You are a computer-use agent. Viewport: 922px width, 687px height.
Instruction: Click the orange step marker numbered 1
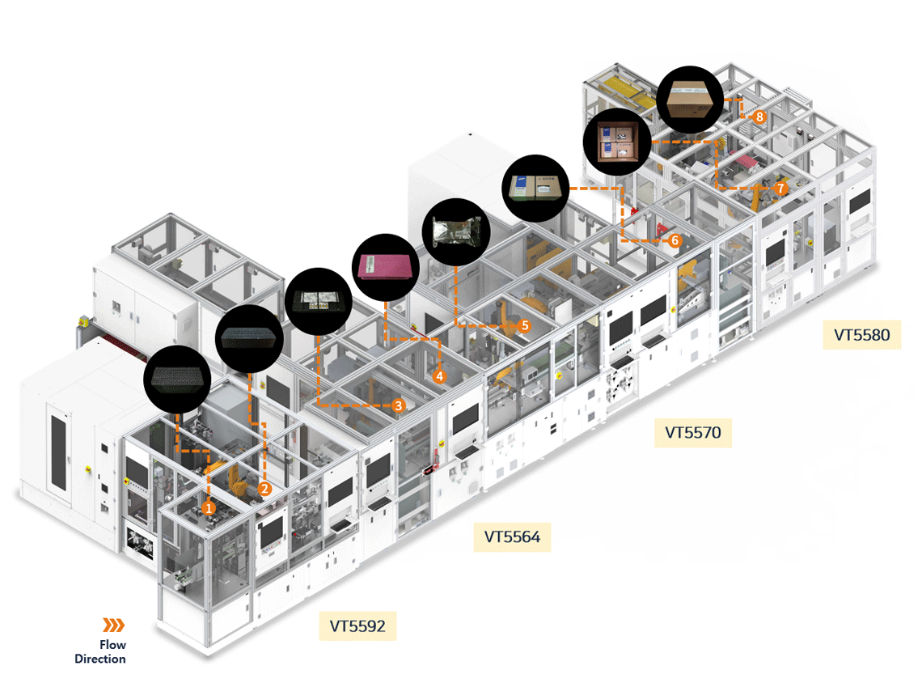[x=209, y=508]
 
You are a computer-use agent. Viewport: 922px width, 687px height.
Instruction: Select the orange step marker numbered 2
[x=264, y=488]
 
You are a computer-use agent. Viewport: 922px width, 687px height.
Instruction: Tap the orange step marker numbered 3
[x=398, y=405]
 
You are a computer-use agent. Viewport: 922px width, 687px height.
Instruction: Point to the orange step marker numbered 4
[x=439, y=376]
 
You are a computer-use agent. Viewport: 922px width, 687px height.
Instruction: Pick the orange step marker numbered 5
[x=524, y=325]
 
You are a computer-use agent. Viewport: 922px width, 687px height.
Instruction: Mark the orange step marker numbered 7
[x=780, y=188]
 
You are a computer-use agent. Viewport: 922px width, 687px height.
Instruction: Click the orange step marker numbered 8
[x=759, y=117]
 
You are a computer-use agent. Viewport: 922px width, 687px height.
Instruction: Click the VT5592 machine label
[x=357, y=626]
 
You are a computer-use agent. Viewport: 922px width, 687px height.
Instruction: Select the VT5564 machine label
[x=512, y=536]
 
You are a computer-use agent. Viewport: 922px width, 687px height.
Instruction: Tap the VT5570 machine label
[x=693, y=433]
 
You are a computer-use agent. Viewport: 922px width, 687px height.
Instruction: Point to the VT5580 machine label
[x=861, y=333]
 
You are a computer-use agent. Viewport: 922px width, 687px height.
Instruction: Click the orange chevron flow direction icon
[x=113, y=625]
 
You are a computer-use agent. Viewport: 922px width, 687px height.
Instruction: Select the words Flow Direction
[x=101, y=652]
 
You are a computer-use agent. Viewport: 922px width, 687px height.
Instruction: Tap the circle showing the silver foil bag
[x=456, y=231]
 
